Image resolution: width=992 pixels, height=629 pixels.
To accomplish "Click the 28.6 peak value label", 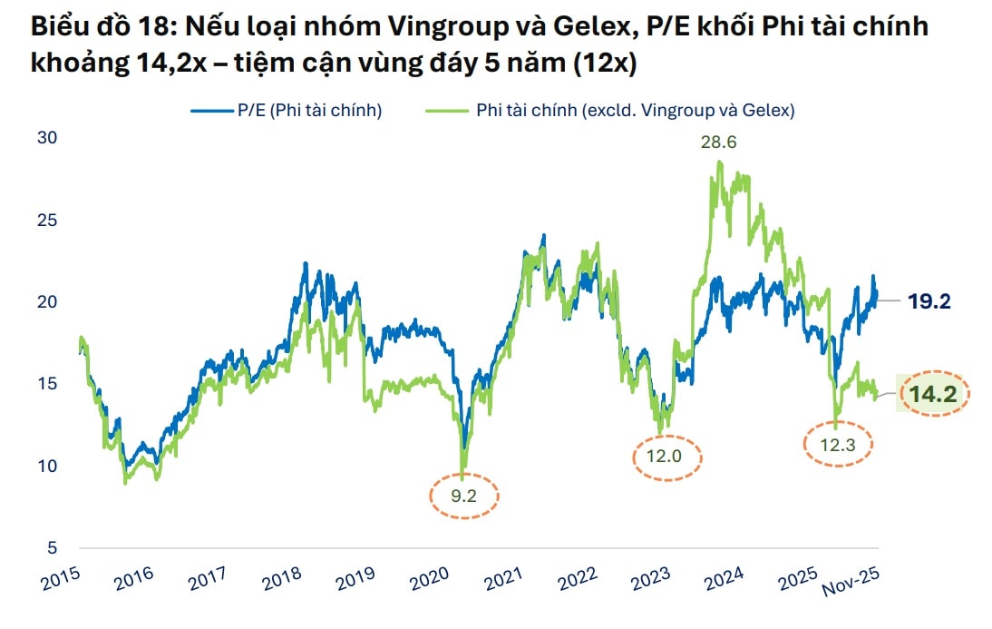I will click(718, 143).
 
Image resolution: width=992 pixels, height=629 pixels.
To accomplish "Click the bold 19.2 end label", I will click(929, 301).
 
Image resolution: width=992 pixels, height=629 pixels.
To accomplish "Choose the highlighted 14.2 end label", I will click(934, 393).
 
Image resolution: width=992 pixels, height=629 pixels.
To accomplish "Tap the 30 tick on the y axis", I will click(47, 138).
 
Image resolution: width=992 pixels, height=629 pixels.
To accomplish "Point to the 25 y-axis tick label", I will click(47, 220).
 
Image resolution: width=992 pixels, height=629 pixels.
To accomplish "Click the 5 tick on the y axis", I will click(53, 547).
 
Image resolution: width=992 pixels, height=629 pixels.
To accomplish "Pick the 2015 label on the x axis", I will click(61, 578).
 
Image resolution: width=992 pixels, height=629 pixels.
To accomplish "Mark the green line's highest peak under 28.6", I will click(719, 162).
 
